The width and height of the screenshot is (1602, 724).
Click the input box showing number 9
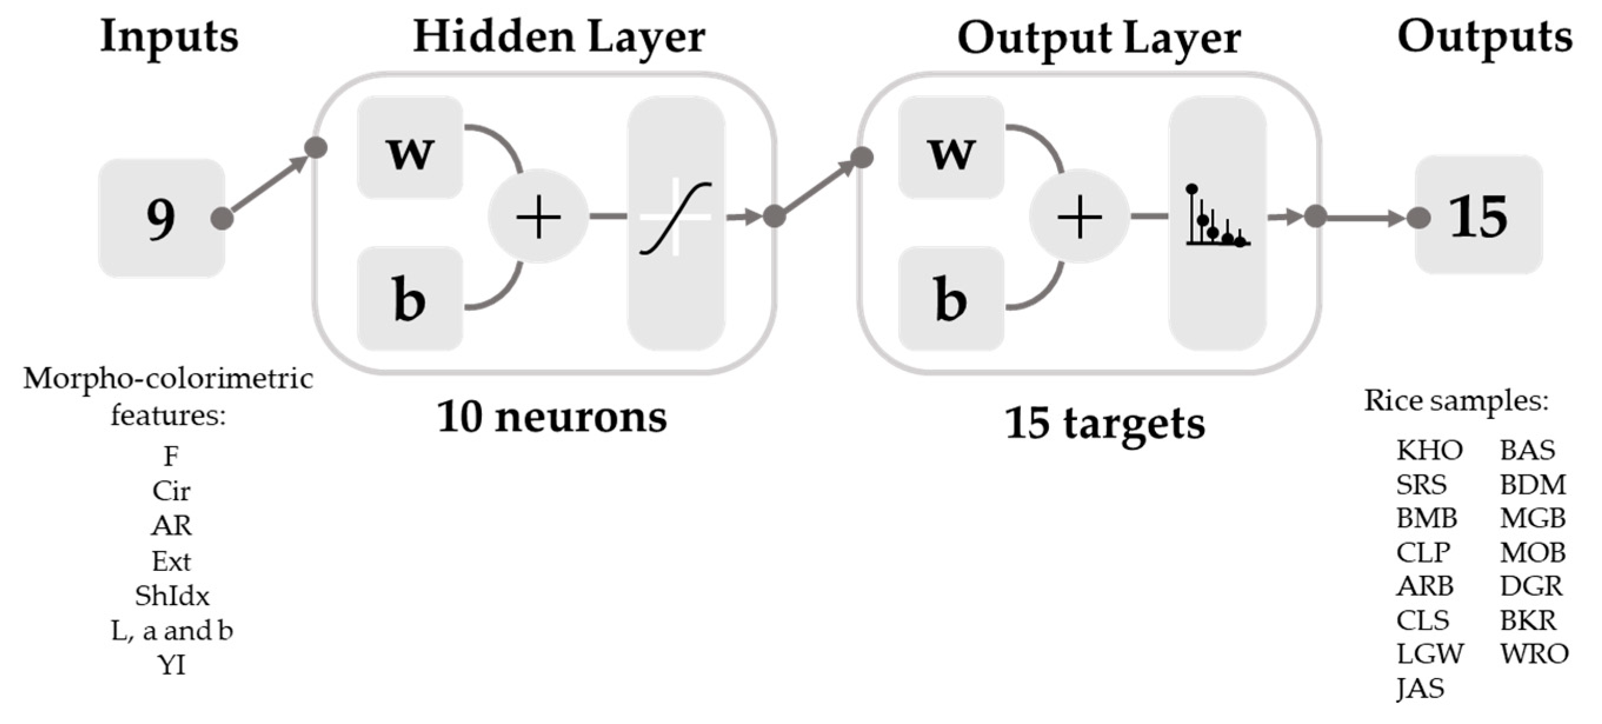pos(161,218)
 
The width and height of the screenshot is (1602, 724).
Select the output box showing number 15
pos(1478,215)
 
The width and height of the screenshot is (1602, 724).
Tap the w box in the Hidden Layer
pos(410,148)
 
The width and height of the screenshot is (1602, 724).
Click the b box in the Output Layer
pos(951,298)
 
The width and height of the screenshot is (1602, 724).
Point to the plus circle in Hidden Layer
pos(538,217)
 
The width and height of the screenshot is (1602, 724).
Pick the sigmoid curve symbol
pos(676,218)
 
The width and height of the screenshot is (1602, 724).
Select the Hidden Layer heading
pos(558,37)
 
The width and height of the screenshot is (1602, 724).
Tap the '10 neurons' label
pos(552,417)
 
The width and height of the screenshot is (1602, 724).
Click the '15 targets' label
pos(1105,423)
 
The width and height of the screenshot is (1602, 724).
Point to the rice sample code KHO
pos(1429,450)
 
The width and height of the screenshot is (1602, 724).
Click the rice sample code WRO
pos(1534,654)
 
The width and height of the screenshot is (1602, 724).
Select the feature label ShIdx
pos(172,596)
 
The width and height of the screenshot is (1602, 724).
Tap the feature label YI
pos(172,665)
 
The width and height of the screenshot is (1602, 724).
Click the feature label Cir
pos(172,491)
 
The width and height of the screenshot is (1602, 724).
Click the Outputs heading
pos(1484,37)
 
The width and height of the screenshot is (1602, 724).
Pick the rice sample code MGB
pos(1533,518)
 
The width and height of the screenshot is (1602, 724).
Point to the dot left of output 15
pos(1418,218)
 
